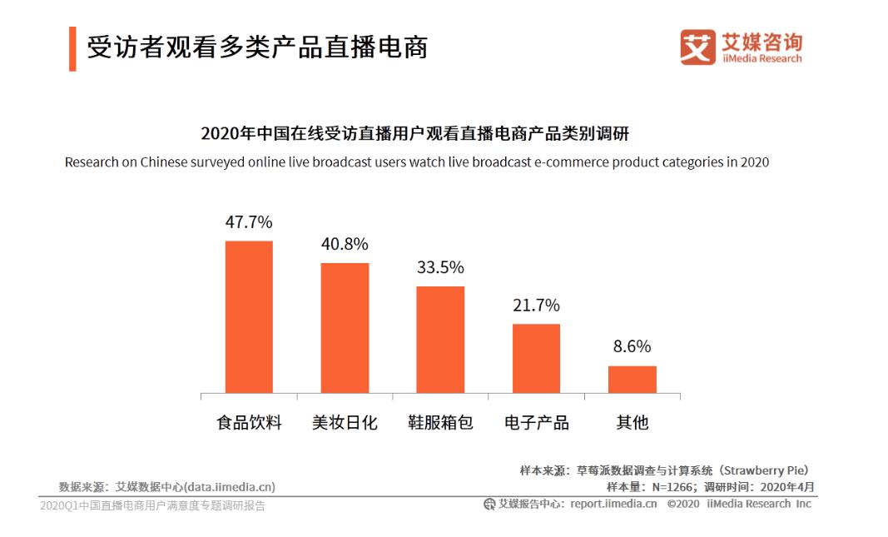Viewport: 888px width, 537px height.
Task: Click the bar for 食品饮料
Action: click(x=249, y=316)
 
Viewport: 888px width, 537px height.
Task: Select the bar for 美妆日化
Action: click(x=345, y=328)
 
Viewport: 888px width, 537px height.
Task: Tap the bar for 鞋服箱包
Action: click(x=440, y=339)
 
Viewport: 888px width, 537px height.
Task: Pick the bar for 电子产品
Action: click(x=536, y=358)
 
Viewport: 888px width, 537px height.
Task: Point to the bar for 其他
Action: click(x=632, y=379)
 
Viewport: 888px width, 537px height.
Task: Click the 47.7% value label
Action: click(x=249, y=222)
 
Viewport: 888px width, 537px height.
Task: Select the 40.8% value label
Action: click(x=345, y=245)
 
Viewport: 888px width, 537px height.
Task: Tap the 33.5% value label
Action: click(x=440, y=267)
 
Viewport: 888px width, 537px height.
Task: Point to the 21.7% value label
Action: click(x=536, y=305)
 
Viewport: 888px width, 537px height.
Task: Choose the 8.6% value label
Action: click(x=632, y=346)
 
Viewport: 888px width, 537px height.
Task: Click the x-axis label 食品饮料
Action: click(x=249, y=422)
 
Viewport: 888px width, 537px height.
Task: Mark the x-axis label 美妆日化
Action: click(x=345, y=422)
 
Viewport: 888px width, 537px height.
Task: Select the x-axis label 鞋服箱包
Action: click(x=440, y=422)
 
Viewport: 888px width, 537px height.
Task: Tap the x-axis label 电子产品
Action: click(x=536, y=422)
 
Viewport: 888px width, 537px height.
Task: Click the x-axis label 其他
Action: click(x=632, y=422)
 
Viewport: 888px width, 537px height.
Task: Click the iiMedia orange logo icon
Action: click(x=697, y=47)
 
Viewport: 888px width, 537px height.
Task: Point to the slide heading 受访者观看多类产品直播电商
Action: click(x=257, y=47)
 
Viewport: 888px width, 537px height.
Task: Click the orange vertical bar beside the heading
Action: click(x=72, y=48)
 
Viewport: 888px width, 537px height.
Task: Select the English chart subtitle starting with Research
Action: click(x=416, y=162)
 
